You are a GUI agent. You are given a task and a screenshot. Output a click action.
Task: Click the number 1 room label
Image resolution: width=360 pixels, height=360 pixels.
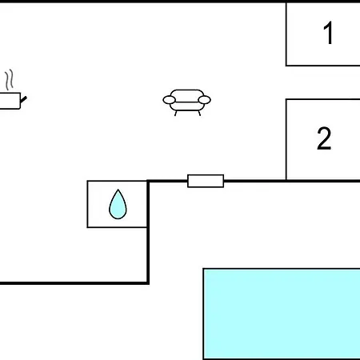click(x=329, y=33)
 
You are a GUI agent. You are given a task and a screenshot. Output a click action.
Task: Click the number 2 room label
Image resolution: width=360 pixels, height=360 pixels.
click(x=324, y=138)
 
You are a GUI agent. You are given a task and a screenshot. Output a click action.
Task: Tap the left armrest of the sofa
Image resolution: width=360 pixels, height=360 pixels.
click(x=169, y=100)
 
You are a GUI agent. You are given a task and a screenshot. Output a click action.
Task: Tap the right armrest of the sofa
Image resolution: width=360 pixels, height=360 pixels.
click(x=205, y=100)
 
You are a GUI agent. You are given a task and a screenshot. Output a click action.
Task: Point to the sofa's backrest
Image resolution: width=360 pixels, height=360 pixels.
click(x=187, y=94)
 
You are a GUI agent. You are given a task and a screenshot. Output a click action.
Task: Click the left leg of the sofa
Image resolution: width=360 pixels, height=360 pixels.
click(x=175, y=113)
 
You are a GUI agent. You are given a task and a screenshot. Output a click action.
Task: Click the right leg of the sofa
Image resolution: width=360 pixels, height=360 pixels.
click(x=199, y=113)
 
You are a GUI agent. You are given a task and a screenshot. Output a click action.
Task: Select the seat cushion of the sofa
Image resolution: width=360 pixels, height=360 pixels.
click(x=187, y=106)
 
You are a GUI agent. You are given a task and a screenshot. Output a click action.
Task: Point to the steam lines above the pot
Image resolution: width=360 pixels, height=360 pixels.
click(x=9, y=79)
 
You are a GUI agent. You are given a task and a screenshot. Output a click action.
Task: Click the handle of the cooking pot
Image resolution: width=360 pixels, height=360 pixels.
click(x=23, y=99)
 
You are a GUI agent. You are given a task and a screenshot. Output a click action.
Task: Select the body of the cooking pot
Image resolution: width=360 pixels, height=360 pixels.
click(x=10, y=101)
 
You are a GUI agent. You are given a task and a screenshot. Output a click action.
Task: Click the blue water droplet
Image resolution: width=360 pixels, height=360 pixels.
click(x=118, y=204)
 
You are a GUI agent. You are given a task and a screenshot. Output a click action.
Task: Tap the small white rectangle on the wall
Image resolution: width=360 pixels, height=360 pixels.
click(x=206, y=181)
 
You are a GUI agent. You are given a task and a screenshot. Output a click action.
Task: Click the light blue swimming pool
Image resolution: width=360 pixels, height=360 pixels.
click(x=282, y=314)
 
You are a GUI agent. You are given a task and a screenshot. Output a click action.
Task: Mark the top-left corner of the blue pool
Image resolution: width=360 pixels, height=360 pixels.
click(x=203, y=269)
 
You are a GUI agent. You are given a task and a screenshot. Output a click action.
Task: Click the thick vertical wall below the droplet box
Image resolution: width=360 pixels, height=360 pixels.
click(x=148, y=254)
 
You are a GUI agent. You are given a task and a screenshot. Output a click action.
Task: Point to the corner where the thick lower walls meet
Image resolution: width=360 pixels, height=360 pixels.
click(x=148, y=283)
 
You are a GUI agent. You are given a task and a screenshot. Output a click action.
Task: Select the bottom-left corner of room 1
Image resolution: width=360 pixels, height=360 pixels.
click(x=286, y=66)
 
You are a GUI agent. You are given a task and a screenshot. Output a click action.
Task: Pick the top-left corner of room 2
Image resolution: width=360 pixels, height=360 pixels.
click(x=286, y=99)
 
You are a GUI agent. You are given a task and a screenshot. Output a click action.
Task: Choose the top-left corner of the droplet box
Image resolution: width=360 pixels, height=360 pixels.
click(x=87, y=181)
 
